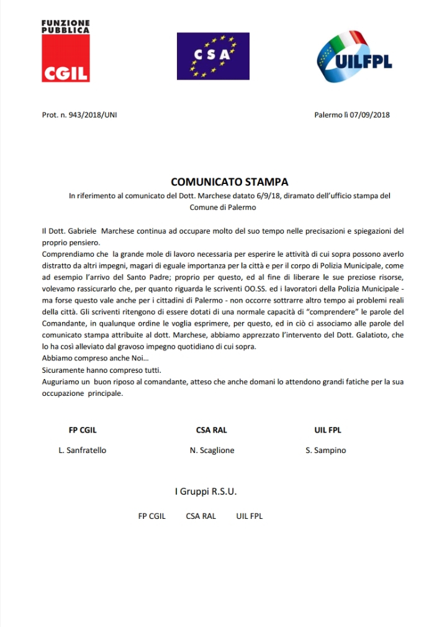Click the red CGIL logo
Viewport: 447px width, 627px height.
click(66, 58)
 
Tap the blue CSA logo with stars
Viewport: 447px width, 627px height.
click(212, 55)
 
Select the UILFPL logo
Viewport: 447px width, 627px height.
click(354, 57)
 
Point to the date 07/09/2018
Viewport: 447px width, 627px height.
click(369, 115)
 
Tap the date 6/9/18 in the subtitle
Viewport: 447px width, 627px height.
click(267, 196)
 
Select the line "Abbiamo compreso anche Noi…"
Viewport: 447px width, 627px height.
click(86, 359)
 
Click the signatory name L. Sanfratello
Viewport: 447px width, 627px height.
click(82, 451)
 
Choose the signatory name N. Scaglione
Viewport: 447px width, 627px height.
click(212, 451)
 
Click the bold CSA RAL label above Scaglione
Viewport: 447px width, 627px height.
click(211, 430)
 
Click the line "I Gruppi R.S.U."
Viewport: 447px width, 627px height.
click(205, 492)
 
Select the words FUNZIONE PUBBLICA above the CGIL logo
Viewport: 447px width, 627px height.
click(65, 26)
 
